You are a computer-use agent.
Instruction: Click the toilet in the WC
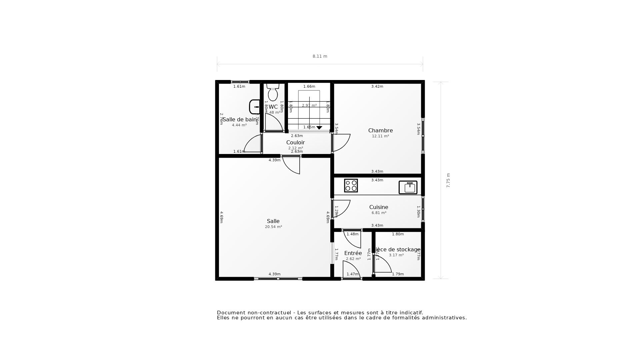tap(273, 93)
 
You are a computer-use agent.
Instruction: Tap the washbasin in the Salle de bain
tap(255, 107)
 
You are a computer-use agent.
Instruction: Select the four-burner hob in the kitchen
tap(351, 186)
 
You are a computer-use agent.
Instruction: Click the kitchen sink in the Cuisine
tap(408, 187)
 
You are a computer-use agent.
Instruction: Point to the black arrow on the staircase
tap(319, 128)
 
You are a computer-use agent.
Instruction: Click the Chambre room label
tap(380, 130)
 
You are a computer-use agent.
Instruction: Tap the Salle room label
tap(273, 221)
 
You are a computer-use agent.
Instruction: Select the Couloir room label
tap(295, 142)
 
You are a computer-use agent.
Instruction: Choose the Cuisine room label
tap(379, 207)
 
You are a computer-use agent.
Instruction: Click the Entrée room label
tap(353, 253)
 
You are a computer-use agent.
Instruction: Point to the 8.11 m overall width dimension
tap(320, 56)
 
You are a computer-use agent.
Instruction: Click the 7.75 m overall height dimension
tap(448, 180)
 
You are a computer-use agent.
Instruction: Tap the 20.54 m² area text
tap(273, 227)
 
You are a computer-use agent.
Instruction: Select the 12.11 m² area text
tap(380, 136)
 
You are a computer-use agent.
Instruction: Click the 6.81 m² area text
tap(379, 213)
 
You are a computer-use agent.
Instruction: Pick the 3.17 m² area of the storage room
tap(396, 255)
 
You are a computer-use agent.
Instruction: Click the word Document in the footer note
tap(231, 313)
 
